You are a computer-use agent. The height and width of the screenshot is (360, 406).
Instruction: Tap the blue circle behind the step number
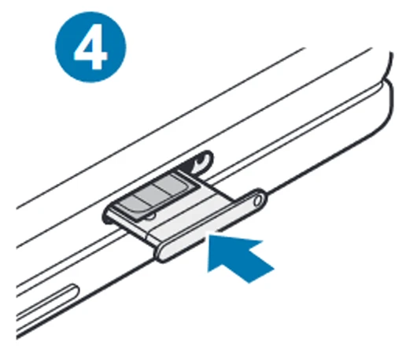click(90, 47)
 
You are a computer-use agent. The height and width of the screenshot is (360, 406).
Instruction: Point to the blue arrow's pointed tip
click(209, 235)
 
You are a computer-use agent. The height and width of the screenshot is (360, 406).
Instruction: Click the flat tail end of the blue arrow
click(261, 276)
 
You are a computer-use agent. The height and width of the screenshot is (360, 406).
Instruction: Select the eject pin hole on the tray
click(258, 200)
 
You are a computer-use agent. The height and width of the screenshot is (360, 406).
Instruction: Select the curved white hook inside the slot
click(202, 162)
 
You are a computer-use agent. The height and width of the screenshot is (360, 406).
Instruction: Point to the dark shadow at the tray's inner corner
click(107, 219)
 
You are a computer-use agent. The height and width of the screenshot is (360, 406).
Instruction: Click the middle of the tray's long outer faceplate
click(211, 226)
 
